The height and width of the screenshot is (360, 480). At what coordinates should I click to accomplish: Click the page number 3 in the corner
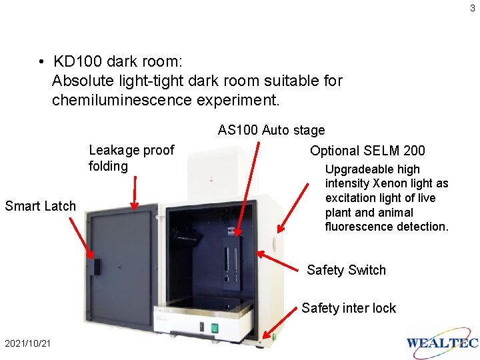pyautogui.click(x=473, y=8)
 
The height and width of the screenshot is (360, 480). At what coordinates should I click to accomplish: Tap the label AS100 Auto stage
pyautogui.click(x=271, y=130)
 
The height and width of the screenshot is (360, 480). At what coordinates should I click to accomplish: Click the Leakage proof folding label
pyautogui.click(x=131, y=158)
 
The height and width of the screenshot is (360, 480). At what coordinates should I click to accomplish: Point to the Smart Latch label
pyautogui.click(x=40, y=206)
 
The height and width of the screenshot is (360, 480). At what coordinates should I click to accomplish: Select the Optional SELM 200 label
pyautogui.click(x=367, y=151)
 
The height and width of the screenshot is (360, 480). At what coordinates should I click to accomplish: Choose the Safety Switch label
pyautogui.click(x=346, y=270)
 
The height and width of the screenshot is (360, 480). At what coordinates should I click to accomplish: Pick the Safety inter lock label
pyautogui.click(x=349, y=308)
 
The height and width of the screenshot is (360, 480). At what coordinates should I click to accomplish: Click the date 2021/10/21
pyautogui.click(x=27, y=343)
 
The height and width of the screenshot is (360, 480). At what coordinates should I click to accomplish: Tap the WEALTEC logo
pyautogui.click(x=442, y=343)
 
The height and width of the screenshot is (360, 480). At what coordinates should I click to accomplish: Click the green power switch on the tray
pyautogui.click(x=215, y=327)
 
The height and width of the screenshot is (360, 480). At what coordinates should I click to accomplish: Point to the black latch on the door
pyautogui.click(x=97, y=266)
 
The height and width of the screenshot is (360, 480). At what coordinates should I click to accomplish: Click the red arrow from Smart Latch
pyautogui.click(x=81, y=238)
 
